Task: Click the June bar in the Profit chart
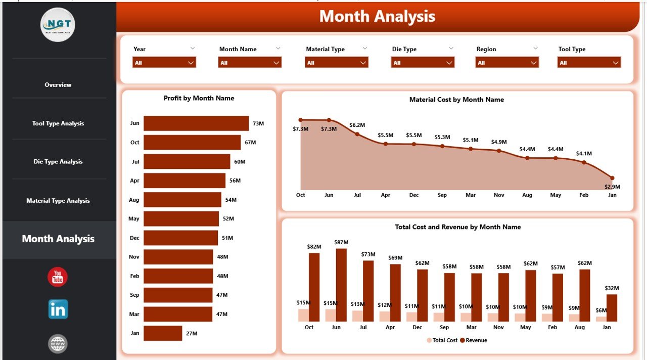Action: tap(196, 123)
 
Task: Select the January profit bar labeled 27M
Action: tap(163, 333)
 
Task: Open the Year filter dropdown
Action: tap(164, 63)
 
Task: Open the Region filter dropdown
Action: tap(507, 63)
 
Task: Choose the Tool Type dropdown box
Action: tap(589, 63)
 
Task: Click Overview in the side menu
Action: tap(58, 85)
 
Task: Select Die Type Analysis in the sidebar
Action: tap(58, 162)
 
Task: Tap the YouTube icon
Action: tap(58, 277)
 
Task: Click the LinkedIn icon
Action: tap(58, 309)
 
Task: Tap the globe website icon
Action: tap(58, 344)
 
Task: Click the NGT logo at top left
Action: tap(58, 25)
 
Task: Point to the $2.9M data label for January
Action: tap(612, 187)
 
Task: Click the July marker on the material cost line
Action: tap(357, 134)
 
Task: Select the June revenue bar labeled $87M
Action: tap(341, 285)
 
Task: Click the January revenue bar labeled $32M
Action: tap(612, 307)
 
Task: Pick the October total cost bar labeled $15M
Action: tap(303, 315)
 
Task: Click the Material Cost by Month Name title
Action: tap(456, 100)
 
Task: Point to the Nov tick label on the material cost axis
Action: tap(499, 195)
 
